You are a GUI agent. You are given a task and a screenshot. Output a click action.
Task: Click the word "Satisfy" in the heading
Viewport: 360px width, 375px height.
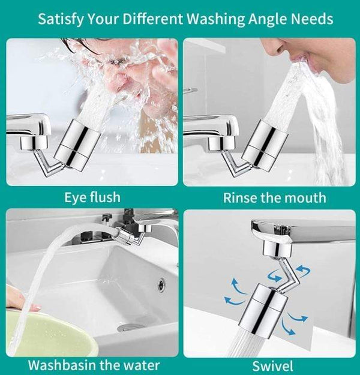61,19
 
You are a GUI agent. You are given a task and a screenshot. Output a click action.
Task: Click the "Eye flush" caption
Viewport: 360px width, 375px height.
92,197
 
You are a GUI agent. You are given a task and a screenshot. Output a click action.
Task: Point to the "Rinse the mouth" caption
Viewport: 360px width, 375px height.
275,198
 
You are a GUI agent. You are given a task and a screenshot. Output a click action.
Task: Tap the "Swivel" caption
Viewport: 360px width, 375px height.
272,366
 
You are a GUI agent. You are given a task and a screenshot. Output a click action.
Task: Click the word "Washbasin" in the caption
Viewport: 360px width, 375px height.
62,365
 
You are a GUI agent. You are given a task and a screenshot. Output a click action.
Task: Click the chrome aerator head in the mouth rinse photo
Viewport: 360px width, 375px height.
265,145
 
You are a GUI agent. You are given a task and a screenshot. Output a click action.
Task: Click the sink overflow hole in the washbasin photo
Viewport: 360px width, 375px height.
161,284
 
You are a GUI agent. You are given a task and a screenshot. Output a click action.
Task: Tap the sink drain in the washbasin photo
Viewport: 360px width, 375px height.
130,328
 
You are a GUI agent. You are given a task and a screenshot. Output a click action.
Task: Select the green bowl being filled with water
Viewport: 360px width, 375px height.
48,335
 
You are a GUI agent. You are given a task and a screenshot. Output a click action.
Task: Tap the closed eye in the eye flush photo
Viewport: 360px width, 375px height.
116,62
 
